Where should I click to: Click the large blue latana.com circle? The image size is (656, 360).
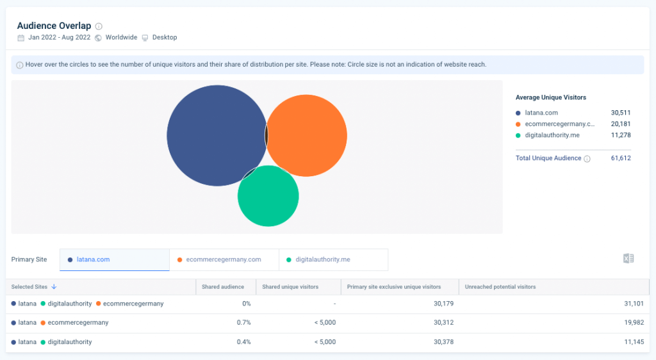216,135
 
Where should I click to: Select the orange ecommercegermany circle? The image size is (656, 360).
307,136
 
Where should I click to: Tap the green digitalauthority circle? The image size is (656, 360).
268,197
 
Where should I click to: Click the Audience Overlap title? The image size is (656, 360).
54,26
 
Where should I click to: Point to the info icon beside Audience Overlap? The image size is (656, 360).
99,26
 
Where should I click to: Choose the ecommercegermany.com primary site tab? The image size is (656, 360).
224,259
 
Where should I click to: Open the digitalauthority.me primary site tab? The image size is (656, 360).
323,259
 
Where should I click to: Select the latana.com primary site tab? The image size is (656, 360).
93,259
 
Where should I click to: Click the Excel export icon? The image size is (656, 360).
628,259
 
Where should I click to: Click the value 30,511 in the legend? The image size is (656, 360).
621,113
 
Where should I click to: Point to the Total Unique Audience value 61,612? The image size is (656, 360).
621,158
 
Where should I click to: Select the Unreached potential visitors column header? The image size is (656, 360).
500,287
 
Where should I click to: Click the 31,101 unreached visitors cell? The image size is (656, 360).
633,304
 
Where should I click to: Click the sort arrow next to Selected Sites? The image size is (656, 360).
54,287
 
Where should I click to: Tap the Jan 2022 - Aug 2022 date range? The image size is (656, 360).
60,38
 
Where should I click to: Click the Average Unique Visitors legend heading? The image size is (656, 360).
550,97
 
